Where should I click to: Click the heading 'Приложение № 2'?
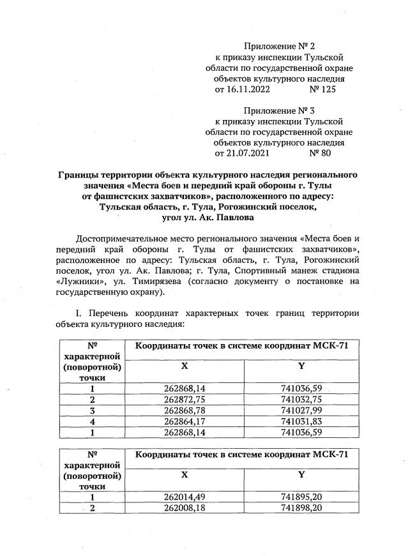pyautogui.click(x=280, y=46)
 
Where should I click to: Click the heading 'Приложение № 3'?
pyautogui.click(x=280, y=110)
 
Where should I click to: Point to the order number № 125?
pyautogui.click(x=322, y=89)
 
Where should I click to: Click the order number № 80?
pyautogui.click(x=319, y=154)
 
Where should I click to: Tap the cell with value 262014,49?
pyautogui.click(x=184, y=497)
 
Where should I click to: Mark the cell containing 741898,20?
pyautogui.click(x=302, y=507)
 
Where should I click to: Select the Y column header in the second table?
pyautogui.click(x=301, y=475)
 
